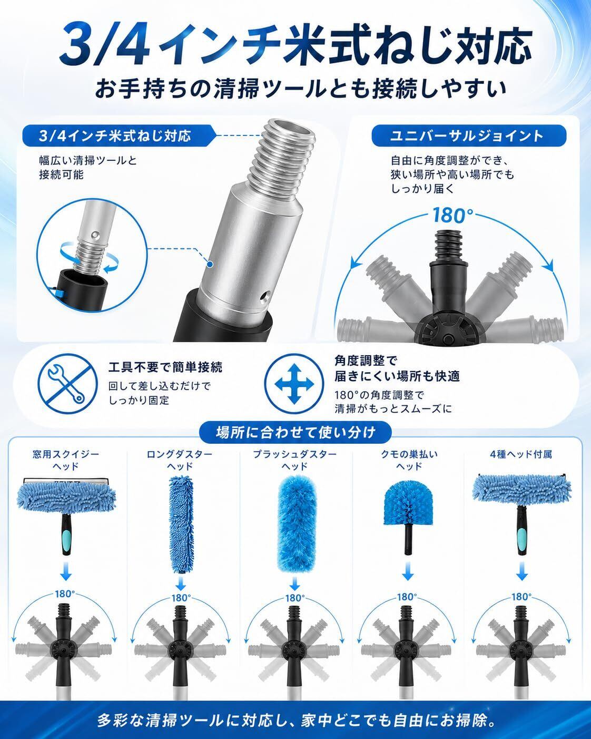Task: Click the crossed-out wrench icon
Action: [x=67, y=384]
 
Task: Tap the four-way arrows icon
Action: [x=294, y=384]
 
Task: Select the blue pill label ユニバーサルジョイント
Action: [x=469, y=135]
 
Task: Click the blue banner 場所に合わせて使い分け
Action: [x=295, y=432]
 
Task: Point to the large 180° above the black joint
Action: [x=453, y=215]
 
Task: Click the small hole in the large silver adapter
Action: [x=264, y=296]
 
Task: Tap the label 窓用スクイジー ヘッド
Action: [x=66, y=461]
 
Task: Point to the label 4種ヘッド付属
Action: [x=521, y=454]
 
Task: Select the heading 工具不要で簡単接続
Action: [x=165, y=367]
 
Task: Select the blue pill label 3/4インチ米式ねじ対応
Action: [x=116, y=135]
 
